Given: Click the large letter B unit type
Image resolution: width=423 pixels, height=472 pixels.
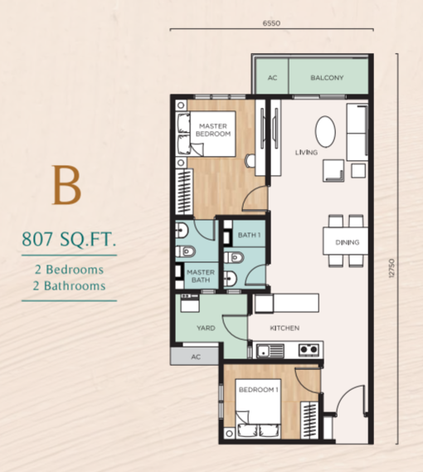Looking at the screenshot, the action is [x=67, y=186].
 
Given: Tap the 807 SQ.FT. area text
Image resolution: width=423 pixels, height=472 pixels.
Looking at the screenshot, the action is [x=69, y=240].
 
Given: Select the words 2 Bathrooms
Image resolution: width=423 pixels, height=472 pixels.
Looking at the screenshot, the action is [x=69, y=285].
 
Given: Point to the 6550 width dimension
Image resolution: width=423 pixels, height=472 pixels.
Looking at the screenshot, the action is [x=271, y=23].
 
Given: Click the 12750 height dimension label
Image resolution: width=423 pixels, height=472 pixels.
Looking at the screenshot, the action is [x=391, y=268].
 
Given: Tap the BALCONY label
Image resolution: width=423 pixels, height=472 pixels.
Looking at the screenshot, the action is [x=327, y=78].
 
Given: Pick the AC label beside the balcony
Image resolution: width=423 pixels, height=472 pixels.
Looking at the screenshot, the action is [x=273, y=78].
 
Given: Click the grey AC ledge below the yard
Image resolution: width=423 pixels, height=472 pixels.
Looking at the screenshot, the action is [x=194, y=357].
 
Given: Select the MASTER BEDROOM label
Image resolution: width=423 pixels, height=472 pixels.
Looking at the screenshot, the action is [x=213, y=129].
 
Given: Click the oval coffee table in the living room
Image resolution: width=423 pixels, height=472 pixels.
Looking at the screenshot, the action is [x=325, y=132].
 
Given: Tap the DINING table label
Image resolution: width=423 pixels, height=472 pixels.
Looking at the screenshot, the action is [x=348, y=242].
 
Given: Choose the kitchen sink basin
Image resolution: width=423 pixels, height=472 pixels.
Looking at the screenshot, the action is [x=264, y=350].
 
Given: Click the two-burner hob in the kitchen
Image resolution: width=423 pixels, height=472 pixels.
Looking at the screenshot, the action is [x=309, y=350].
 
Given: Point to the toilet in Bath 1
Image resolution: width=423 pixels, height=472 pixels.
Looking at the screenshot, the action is [x=234, y=257].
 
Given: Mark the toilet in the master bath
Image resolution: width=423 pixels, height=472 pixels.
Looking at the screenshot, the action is [x=185, y=251].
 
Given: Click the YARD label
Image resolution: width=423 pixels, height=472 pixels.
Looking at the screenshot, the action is [x=206, y=328].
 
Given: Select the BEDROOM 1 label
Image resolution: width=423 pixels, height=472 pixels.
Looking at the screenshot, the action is [x=258, y=390].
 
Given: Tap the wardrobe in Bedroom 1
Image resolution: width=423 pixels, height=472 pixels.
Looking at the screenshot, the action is [x=309, y=421].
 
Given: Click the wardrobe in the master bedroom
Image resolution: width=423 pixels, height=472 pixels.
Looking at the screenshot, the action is [x=184, y=192].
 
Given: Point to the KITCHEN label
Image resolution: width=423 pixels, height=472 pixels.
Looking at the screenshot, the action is [x=284, y=328].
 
